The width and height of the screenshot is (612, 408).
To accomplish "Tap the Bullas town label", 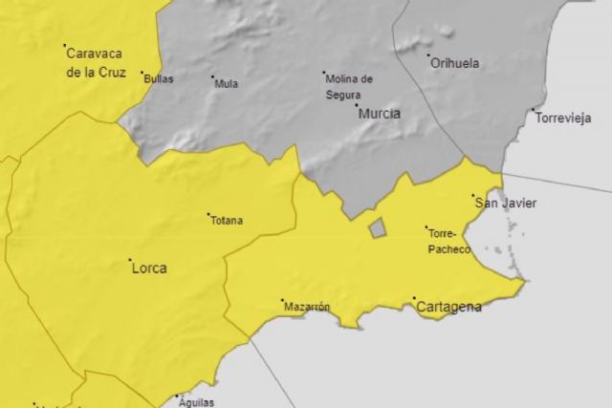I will tap(158, 79).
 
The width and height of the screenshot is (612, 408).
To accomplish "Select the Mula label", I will tap(227, 84).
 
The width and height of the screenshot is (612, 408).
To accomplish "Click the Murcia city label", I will tap(379, 114).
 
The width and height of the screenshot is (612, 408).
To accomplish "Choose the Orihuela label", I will tap(454, 64).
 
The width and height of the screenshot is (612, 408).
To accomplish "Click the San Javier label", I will tap(506, 203).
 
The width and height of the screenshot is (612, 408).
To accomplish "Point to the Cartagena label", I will tap(448, 308).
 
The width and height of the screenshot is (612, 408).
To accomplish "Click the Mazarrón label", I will tap(307, 308).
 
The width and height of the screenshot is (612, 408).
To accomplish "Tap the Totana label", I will tap(226, 221).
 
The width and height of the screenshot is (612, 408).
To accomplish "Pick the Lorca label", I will tap(148, 268).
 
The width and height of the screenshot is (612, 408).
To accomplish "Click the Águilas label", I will tap(196, 403).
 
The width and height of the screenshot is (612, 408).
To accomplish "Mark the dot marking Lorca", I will tap(130, 259).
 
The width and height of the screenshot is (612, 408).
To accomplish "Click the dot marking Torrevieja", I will tap(533, 110).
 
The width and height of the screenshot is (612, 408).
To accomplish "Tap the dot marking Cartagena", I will tap(414, 299).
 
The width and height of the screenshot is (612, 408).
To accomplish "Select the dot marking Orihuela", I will tap(427, 56).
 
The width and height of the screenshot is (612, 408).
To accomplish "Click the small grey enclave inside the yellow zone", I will tap(378, 227).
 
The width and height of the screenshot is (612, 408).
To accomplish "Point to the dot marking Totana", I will tap(208, 214).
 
